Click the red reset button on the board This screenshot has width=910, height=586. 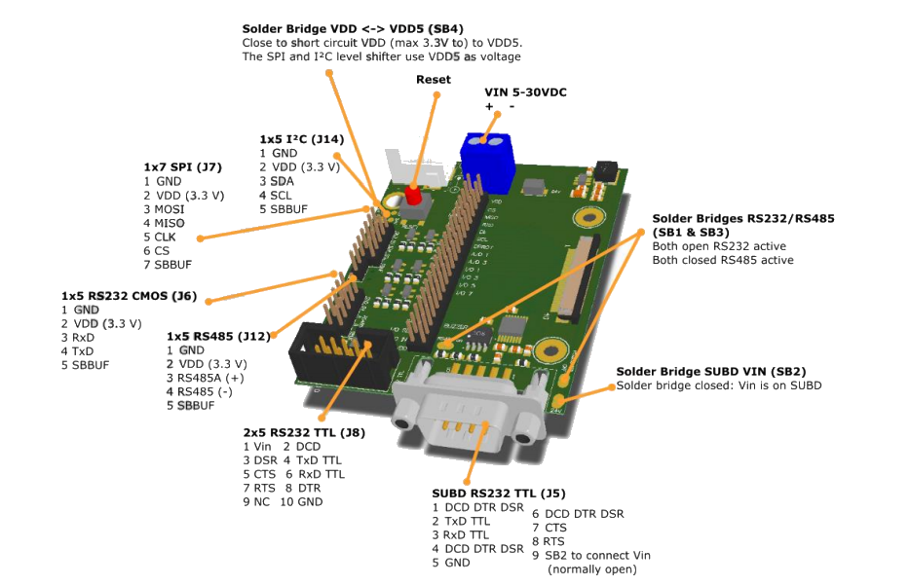pyautogui.click(x=412, y=196)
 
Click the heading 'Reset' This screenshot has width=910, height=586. pyautogui.click(x=434, y=79)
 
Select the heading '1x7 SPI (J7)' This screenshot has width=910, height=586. pyautogui.click(x=183, y=167)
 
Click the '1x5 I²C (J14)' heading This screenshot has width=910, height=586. pyautogui.click(x=301, y=139)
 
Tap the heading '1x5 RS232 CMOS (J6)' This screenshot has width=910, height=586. pyautogui.click(x=129, y=296)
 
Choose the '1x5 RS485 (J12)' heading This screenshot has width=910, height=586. pyautogui.click(x=218, y=336)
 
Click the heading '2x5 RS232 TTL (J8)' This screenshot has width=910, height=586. pyautogui.click(x=304, y=432)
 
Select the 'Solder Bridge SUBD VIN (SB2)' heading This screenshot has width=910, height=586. pyautogui.click(x=710, y=372)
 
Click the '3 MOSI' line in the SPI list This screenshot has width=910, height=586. pyautogui.click(x=164, y=209)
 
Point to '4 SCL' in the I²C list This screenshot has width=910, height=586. pyautogui.click(x=276, y=195)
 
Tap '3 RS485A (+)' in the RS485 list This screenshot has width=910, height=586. pyautogui.click(x=205, y=378)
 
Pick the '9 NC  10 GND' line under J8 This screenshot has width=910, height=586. pyautogui.click(x=283, y=502)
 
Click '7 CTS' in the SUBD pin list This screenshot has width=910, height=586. pyautogui.click(x=549, y=528)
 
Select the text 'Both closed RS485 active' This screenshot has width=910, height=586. pyautogui.click(x=723, y=260)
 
